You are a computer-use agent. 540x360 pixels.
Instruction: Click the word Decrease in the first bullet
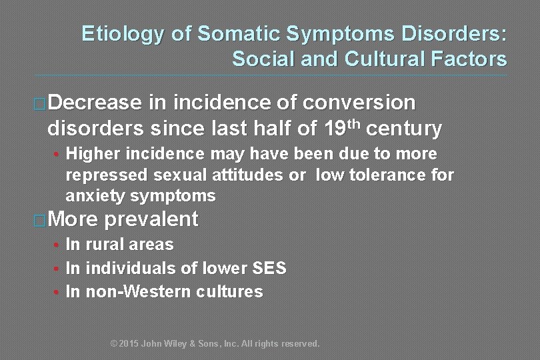95,103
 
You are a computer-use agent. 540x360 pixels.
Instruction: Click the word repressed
107,175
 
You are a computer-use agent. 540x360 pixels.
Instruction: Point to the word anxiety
95,196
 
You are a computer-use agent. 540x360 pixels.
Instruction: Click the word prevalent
151,219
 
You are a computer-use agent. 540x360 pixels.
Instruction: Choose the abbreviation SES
269,269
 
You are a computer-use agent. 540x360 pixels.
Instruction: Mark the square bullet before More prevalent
41,220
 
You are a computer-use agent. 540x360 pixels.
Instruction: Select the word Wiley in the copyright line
179,344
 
